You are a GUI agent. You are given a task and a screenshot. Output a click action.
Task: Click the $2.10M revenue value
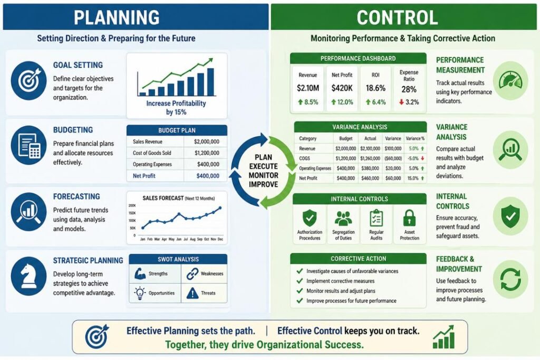(307, 88)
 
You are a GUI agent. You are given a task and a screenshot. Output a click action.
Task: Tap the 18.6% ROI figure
(375, 88)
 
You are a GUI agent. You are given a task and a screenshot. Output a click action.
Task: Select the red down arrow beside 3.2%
(401, 102)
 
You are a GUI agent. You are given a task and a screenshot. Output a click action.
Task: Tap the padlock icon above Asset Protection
(409, 218)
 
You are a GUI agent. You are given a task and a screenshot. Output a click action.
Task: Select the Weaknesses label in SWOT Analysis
(212, 274)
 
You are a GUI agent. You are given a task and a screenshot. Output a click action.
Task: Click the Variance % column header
(415, 139)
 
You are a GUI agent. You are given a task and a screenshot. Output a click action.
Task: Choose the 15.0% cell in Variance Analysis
(413, 178)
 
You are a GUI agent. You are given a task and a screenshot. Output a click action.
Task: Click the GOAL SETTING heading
(78, 65)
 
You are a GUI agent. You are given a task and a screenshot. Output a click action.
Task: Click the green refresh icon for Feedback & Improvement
(510, 279)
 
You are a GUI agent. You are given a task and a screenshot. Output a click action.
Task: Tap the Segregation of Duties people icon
(343, 218)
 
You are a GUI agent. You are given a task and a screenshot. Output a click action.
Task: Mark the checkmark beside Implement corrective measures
(300, 281)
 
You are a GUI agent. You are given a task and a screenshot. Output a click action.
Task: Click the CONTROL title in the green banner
(397, 17)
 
